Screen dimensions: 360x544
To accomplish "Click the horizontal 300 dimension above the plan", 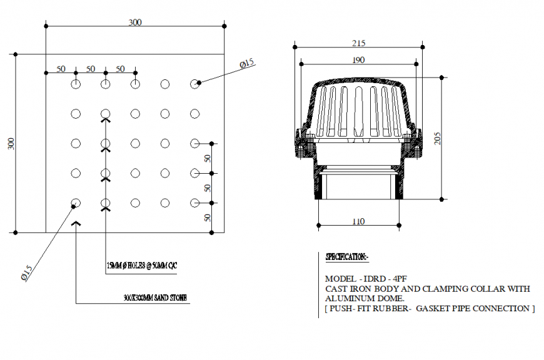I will pos(135,22).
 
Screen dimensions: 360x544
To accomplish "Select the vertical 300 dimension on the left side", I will pos(10,143).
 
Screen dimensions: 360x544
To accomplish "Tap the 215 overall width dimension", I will pos(358,43).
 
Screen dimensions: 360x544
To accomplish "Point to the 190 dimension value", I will pos(358,60).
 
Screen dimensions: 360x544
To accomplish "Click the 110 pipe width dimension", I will pos(358,221).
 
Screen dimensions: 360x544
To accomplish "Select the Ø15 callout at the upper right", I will pos(247,63).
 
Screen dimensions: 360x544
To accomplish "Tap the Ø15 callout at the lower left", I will pos(26,273).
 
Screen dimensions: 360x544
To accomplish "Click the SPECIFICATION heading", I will pos(347,257).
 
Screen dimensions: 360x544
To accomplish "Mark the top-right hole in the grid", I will pos(195,83).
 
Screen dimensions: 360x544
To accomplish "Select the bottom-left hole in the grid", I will pos(76,202).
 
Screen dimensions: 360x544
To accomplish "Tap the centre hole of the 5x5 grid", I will pos(135,143).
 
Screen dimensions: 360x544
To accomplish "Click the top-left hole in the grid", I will pos(76,83).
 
